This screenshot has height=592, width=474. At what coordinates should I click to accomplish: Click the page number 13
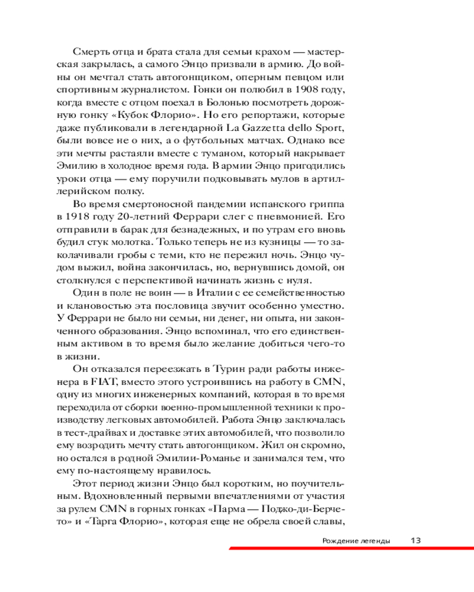(415, 540)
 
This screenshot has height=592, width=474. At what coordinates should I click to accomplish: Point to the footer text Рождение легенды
(357, 540)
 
